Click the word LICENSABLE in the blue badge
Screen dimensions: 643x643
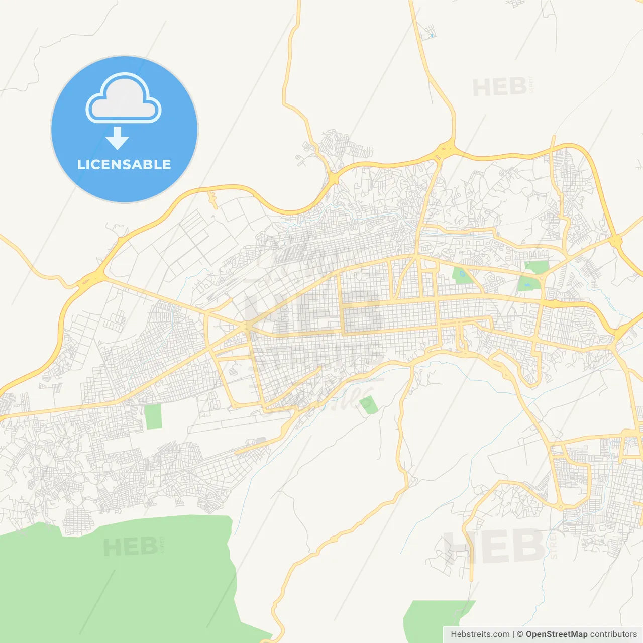tap(124, 164)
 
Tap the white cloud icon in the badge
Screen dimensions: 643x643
tap(124, 99)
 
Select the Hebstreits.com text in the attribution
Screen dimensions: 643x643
tap(480, 634)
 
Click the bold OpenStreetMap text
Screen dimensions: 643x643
tap(557, 634)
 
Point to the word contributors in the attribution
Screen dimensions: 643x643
tap(613, 634)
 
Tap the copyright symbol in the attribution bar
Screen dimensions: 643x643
tap(520, 634)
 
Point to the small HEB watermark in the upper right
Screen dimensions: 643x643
tap(500, 88)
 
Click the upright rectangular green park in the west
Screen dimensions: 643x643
tap(153, 416)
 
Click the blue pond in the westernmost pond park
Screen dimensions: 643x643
tap(461, 274)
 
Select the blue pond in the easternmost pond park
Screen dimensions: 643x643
tap(526, 284)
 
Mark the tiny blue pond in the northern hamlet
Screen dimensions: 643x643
tap(432, 36)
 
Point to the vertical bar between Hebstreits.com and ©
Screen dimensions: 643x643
tap(513, 634)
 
